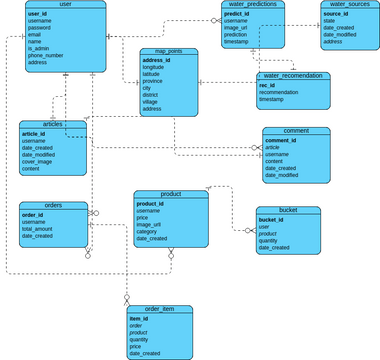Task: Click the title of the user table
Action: (x=65, y=5)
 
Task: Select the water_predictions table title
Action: (x=253, y=5)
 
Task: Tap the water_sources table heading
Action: (x=346, y=5)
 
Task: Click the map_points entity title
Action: (x=165, y=49)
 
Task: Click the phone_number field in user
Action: (x=46, y=55)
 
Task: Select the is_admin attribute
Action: (x=38, y=48)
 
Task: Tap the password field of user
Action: (x=41, y=27)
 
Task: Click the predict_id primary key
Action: (x=237, y=14)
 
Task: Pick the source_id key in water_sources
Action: (x=335, y=14)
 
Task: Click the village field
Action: (x=152, y=102)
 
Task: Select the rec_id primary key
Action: (x=267, y=86)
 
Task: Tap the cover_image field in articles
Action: (x=39, y=162)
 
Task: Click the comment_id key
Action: (x=281, y=141)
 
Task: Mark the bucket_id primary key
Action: (x=273, y=220)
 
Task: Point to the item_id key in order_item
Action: (x=138, y=319)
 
